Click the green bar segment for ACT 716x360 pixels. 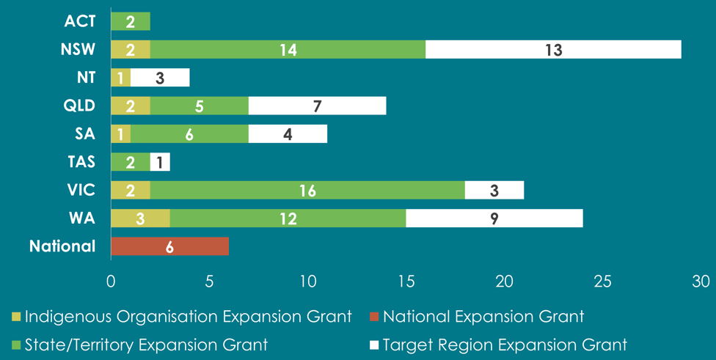tap(131, 21)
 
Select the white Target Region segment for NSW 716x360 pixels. tap(553, 50)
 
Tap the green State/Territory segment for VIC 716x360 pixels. tap(307, 190)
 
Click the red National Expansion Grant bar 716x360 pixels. tap(169, 246)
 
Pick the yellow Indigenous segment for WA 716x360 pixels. tap(140, 218)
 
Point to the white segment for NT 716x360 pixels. tap(160, 78)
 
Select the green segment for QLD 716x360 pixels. tap(200, 106)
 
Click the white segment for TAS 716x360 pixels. tap(160, 162)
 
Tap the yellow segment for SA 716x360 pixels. tap(120, 134)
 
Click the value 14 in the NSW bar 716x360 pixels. tap(287, 50)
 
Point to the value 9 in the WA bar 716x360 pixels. tap(494, 218)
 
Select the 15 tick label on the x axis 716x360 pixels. tap(406, 281)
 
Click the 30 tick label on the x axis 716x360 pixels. tap(701, 281)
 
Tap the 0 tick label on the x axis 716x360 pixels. tap(111, 281)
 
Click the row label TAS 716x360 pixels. tap(81, 162)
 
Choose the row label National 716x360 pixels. tap(62, 246)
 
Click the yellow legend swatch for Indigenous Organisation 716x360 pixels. tap(15, 317)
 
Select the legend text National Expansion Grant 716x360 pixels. tap(483, 317)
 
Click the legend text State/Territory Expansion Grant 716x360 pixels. tap(147, 344)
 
